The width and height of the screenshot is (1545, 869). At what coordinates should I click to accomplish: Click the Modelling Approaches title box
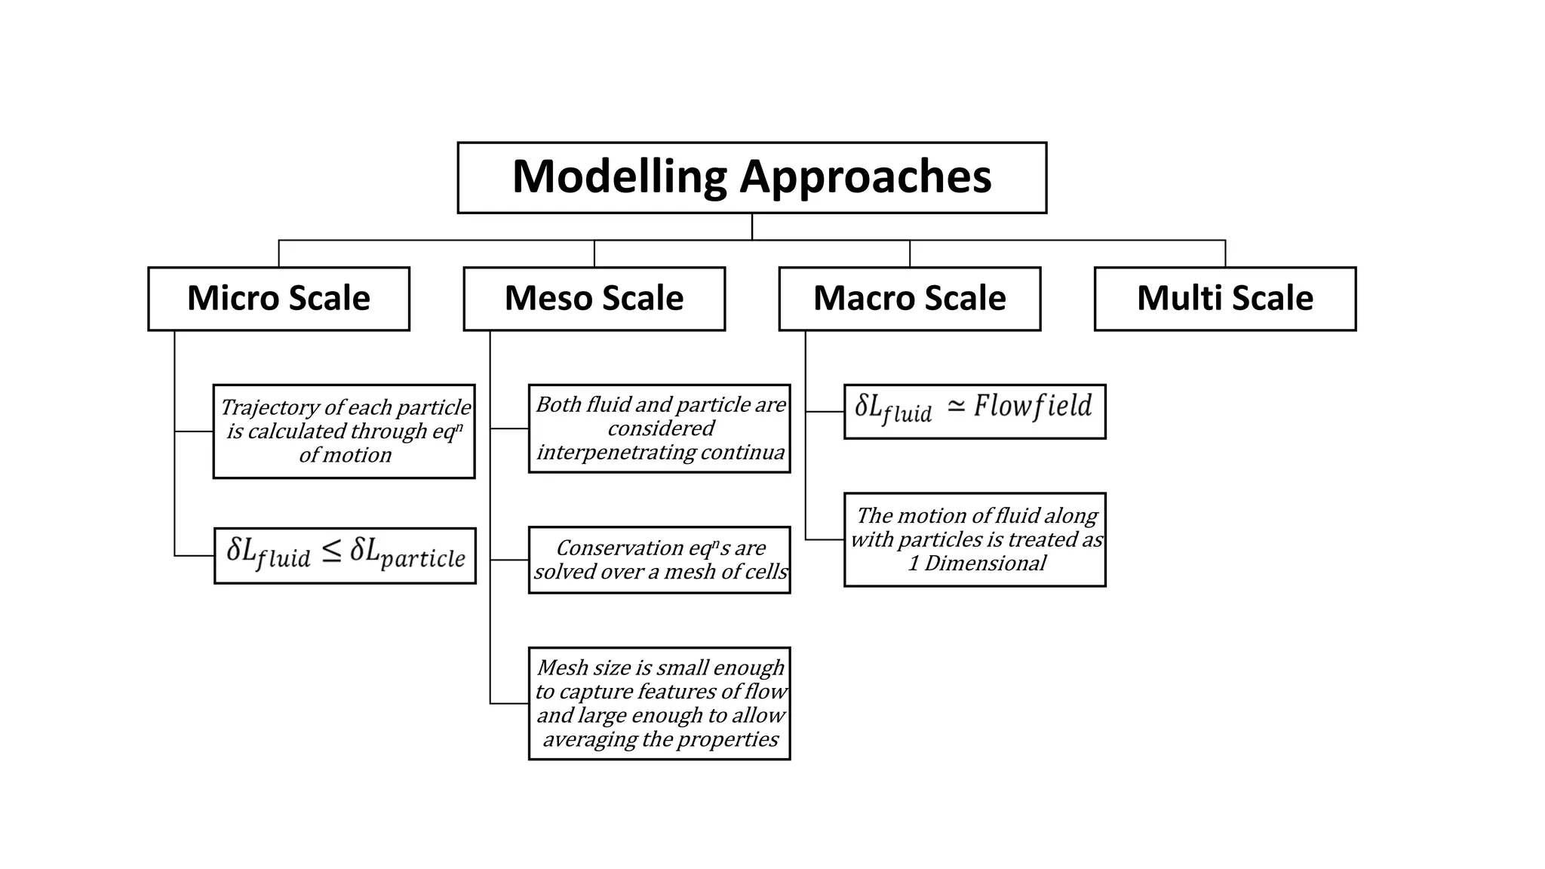coord(751,178)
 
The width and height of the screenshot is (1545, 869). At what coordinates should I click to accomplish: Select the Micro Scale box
coord(278,299)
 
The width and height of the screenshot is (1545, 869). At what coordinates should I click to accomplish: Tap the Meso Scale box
coord(594,299)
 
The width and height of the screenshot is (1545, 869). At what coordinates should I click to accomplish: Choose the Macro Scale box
coord(909,299)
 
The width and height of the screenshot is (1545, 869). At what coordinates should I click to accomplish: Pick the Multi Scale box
coord(1224,299)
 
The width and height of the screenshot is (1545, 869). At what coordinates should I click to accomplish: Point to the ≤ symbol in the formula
coord(331,551)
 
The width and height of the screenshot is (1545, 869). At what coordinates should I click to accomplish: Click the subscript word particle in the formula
coord(422,559)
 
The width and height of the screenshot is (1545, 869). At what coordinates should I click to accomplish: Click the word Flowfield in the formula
coord(1032,407)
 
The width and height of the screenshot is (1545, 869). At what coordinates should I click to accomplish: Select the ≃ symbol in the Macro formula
coord(955,407)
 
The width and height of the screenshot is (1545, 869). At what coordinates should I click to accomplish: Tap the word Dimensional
coord(985,563)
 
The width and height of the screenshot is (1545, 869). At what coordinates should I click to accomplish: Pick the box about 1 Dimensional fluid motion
coord(974,539)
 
